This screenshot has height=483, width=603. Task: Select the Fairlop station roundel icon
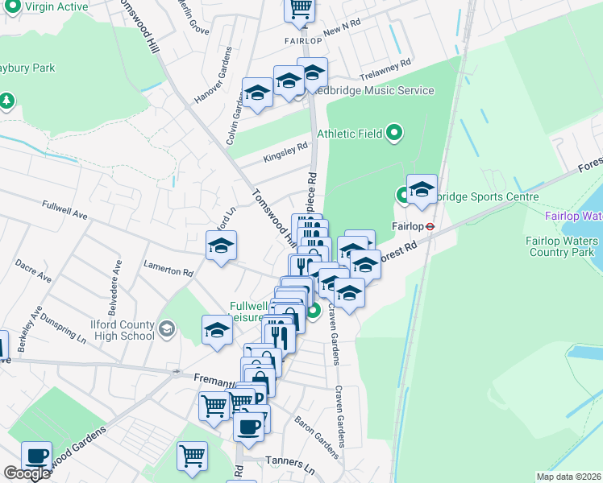coord(430,226)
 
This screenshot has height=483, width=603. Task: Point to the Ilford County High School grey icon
coord(166,328)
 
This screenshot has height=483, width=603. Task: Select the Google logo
coord(27,473)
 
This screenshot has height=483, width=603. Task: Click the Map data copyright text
coord(568,477)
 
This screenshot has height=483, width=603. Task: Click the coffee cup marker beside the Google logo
coord(36,456)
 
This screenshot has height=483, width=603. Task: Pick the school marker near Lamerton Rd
coord(221,247)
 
